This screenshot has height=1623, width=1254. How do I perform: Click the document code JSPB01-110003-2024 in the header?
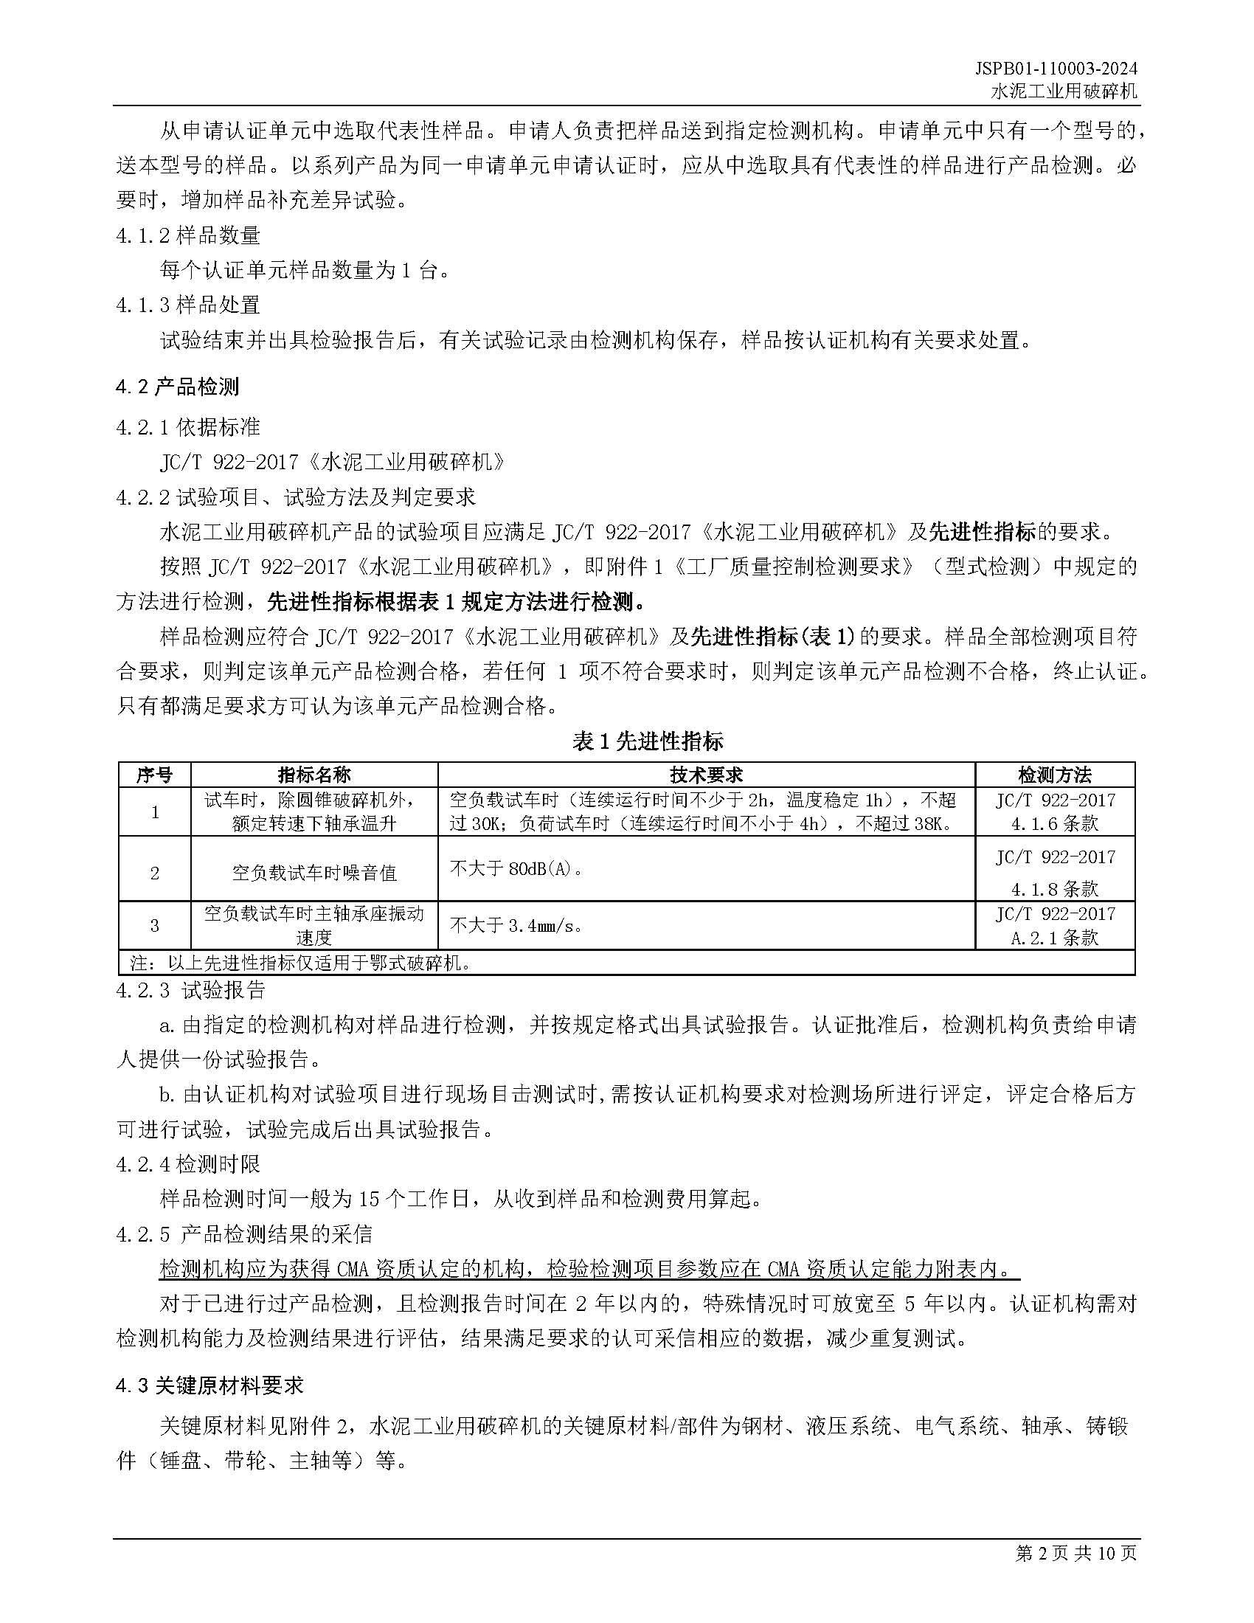(x=1056, y=69)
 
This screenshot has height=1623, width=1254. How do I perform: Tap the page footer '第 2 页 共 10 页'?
(x=1075, y=1552)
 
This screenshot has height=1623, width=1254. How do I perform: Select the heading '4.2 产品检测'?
(x=178, y=387)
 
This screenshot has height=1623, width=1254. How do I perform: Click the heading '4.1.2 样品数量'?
(x=188, y=235)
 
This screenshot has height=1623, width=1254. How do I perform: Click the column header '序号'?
(x=154, y=775)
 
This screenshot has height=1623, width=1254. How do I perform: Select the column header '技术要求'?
(x=706, y=775)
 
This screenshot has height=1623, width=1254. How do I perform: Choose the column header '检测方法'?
(x=1054, y=775)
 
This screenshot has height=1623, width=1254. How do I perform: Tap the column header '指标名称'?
(x=313, y=775)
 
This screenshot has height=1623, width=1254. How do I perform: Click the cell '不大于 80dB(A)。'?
(x=517, y=868)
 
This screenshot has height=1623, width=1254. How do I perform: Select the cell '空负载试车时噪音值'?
(x=313, y=873)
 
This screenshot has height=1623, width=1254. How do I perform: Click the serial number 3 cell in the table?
(x=154, y=925)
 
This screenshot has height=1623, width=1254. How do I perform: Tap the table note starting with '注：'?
(x=301, y=963)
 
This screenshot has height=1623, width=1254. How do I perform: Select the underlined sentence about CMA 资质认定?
(x=589, y=1269)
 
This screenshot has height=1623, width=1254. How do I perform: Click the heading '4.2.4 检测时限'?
(x=188, y=1163)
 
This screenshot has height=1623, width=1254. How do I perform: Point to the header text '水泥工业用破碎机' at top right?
(x=1064, y=91)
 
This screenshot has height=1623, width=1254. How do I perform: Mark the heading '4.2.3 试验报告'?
(x=191, y=990)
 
